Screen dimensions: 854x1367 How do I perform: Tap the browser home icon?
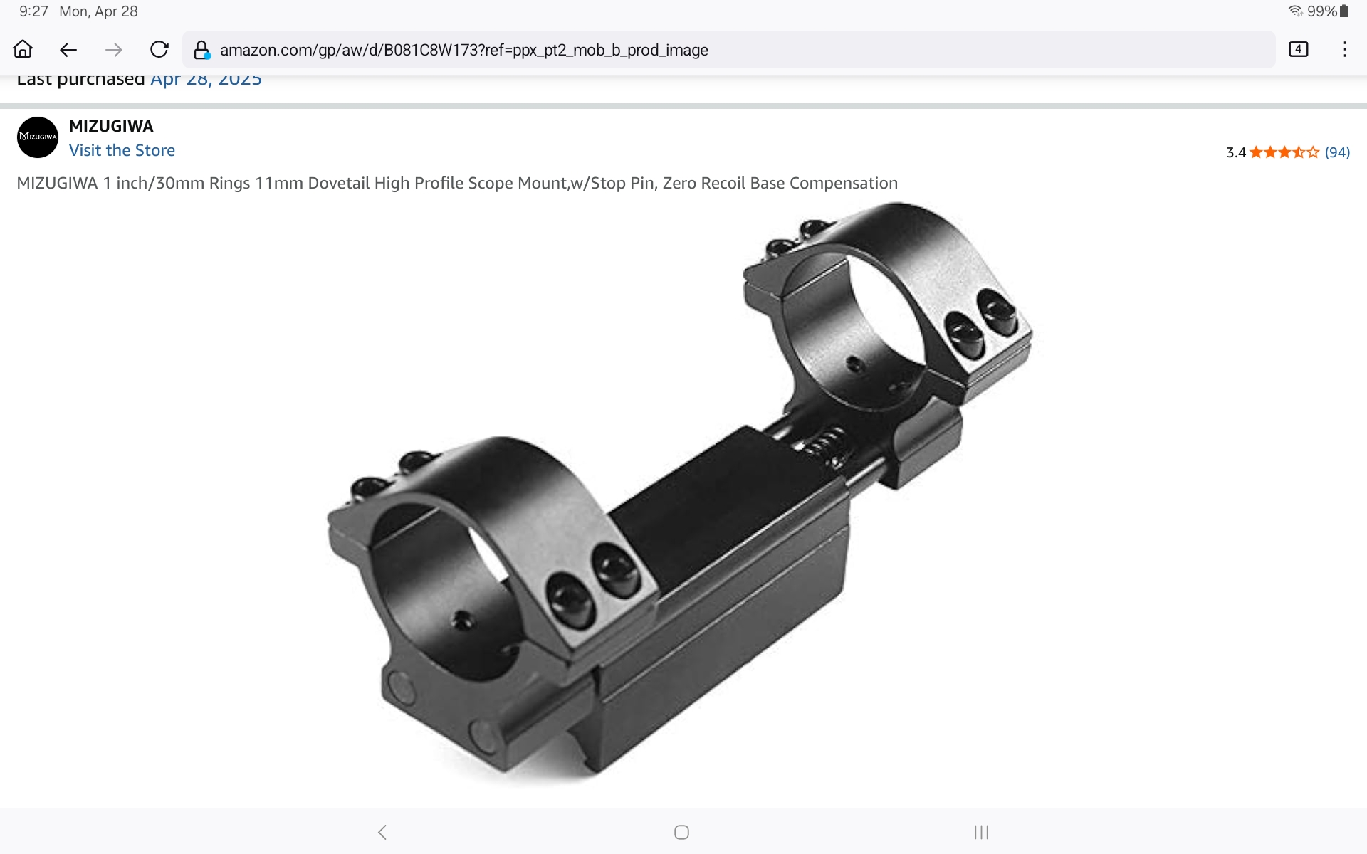coord(23,49)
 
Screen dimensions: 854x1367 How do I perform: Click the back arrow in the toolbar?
coord(68,50)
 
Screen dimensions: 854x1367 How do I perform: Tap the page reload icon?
coord(159,49)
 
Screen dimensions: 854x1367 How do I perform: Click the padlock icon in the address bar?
coord(201,50)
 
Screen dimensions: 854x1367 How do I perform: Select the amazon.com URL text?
coord(463,50)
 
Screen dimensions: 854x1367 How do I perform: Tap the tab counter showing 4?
coord(1298,49)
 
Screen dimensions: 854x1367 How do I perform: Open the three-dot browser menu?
coord(1344,49)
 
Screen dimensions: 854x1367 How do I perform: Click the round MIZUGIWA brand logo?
coord(38,137)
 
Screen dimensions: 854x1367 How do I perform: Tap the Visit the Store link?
coord(122,150)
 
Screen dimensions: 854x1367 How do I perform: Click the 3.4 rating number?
coord(1235,152)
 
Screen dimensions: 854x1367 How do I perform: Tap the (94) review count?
coord(1337,152)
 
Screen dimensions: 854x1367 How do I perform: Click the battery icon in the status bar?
coord(1344,11)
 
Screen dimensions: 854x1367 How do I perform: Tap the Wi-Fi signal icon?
coord(1295,11)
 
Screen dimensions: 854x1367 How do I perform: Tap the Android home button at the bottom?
coord(681,832)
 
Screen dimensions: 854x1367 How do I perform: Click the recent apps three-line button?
coord(981,832)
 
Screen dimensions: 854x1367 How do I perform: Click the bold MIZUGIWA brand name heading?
coord(111,126)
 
